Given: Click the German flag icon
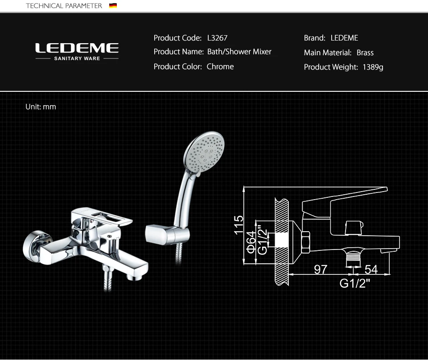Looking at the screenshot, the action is pos(113,5).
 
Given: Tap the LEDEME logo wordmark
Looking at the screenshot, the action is pos(77,48).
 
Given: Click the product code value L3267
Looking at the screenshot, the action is pos(217,38).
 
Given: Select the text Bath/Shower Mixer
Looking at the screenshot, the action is pos(239,52).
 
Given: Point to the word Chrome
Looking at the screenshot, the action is pos(220,66).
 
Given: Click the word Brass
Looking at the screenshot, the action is pos(365,53).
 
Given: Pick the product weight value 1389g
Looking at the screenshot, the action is pos(373,67).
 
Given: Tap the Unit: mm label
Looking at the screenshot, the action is pos(41,106).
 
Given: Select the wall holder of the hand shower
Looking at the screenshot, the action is pos(167,234).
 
